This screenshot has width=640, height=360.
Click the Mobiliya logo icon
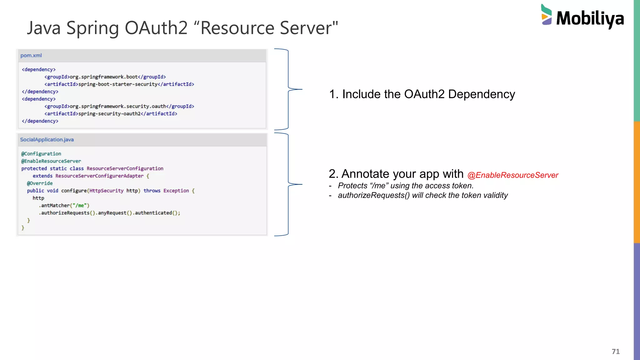(x=547, y=15)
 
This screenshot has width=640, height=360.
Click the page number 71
(x=616, y=352)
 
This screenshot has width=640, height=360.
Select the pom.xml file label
(x=31, y=56)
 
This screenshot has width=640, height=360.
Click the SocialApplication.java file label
(x=47, y=140)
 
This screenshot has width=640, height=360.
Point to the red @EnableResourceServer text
(x=513, y=175)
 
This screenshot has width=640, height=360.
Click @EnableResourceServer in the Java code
(x=51, y=161)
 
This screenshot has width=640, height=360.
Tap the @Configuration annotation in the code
(x=41, y=154)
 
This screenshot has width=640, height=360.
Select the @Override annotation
(x=40, y=183)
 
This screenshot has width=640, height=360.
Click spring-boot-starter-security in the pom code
(x=118, y=84)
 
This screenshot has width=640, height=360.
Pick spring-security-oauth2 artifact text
(x=109, y=114)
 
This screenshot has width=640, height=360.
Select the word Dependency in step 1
(x=481, y=94)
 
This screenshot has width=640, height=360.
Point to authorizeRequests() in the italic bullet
(x=373, y=195)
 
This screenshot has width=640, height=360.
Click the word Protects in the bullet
(x=352, y=186)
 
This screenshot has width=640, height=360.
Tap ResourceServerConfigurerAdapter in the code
(x=99, y=176)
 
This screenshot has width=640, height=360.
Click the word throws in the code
(x=152, y=191)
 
